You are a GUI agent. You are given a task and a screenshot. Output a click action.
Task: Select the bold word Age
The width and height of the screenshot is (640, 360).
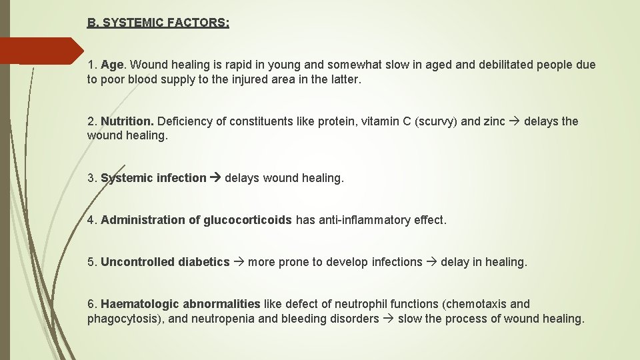coord(112,65)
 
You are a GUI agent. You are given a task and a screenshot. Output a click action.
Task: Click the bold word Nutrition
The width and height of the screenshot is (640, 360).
coord(127,121)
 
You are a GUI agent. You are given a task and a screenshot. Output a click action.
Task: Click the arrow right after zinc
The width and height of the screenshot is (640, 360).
coord(515,121)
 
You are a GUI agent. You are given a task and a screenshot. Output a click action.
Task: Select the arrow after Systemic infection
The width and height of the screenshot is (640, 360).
coord(215,178)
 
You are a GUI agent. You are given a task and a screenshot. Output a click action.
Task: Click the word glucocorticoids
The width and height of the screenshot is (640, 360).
coord(247,220)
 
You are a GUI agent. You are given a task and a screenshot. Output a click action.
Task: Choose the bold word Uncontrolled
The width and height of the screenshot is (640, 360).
coord(137,262)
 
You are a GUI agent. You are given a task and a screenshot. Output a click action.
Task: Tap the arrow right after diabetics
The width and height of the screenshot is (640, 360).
coord(238,262)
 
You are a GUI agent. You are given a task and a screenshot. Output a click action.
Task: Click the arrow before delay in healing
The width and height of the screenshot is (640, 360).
coord(431,262)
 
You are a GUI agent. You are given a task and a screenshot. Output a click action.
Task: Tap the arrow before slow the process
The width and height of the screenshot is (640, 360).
coord(388,319)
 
